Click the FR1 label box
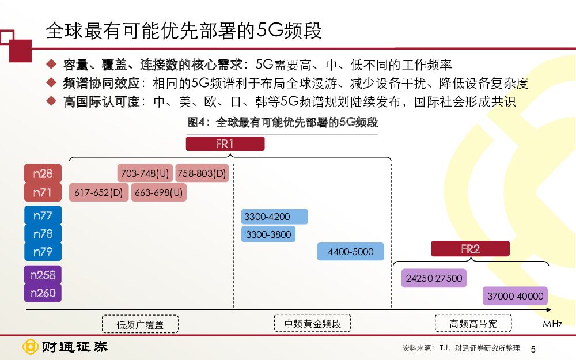(x=225, y=144)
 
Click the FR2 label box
(x=470, y=249)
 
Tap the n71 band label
(x=43, y=192)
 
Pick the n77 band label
(x=43, y=215)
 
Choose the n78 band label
(x=43, y=234)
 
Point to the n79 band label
(x=43, y=252)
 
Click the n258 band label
(x=43, y=275)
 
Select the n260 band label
(x=43, y=293)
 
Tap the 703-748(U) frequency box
(x=145, y=173)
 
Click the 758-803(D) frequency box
(x=202, y=173)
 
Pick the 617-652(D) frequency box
(x=99, y=192)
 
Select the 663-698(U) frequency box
(x=158, y=192)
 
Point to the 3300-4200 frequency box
(x=274, y=217)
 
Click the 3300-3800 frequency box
(x=268, y=234)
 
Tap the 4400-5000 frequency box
(x=350, y=252)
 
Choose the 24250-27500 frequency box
(x=434, y=278)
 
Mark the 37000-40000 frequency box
(x=515, y=296)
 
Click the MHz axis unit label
(x=552, y=324)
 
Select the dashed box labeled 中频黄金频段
(x=312, y=324)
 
